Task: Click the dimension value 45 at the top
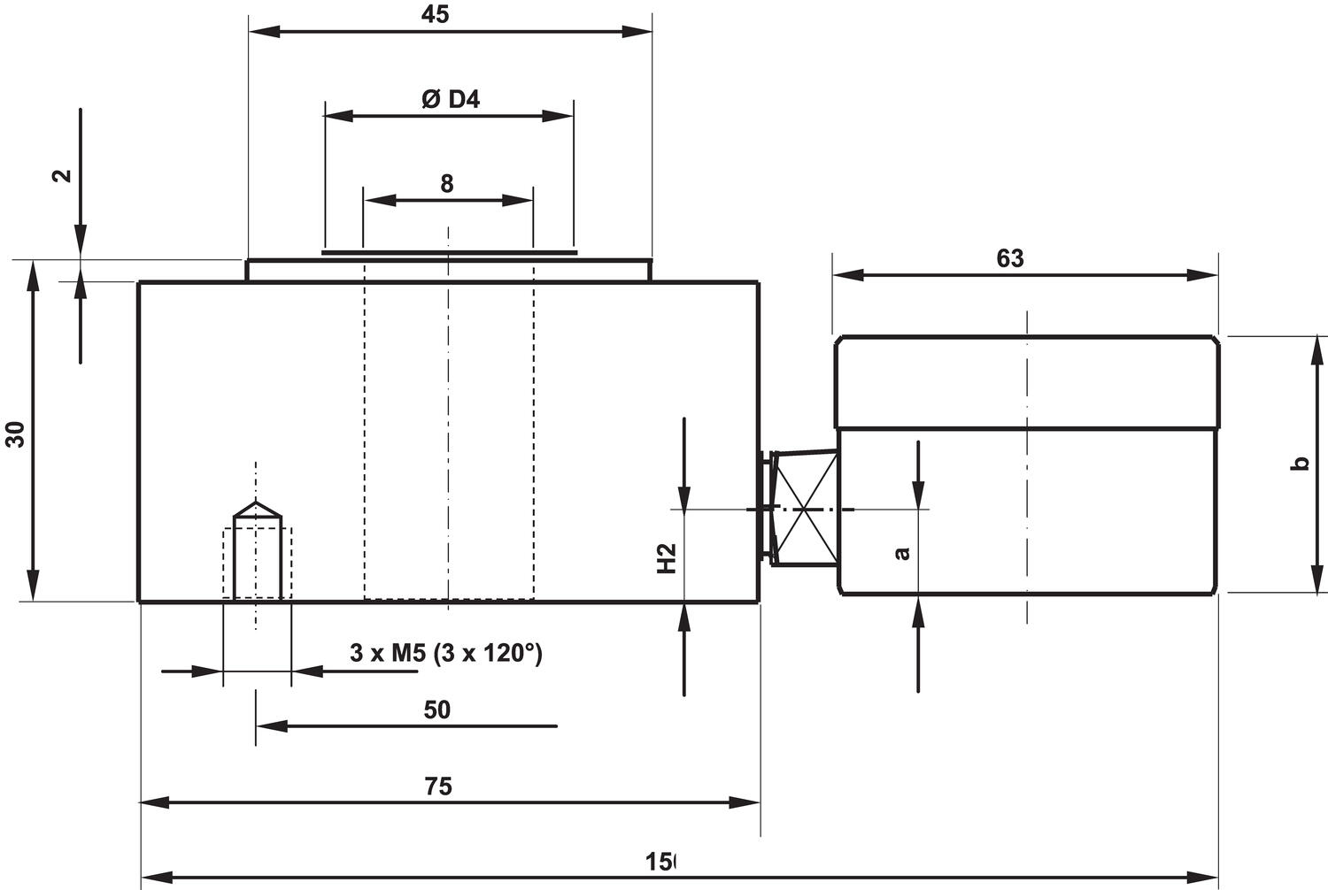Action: (x=436, y=14)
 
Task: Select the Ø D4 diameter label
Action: (x=451, y=99)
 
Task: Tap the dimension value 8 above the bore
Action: (x=447, y=183)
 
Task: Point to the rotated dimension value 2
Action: (x=62, y=174)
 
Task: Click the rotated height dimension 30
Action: (x=16, y=433)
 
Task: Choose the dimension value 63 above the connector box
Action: (x=1009, y=257)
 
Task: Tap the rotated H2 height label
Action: (x=667, y=558)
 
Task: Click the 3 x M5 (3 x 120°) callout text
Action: (x=446, y=653)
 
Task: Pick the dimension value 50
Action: (x=437, y=710)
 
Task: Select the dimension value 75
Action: (x=438, y=786)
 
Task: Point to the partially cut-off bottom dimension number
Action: (x=660, y=862)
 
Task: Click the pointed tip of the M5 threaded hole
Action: (x=257, y=503)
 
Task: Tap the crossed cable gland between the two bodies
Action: (x=804, y=509)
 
